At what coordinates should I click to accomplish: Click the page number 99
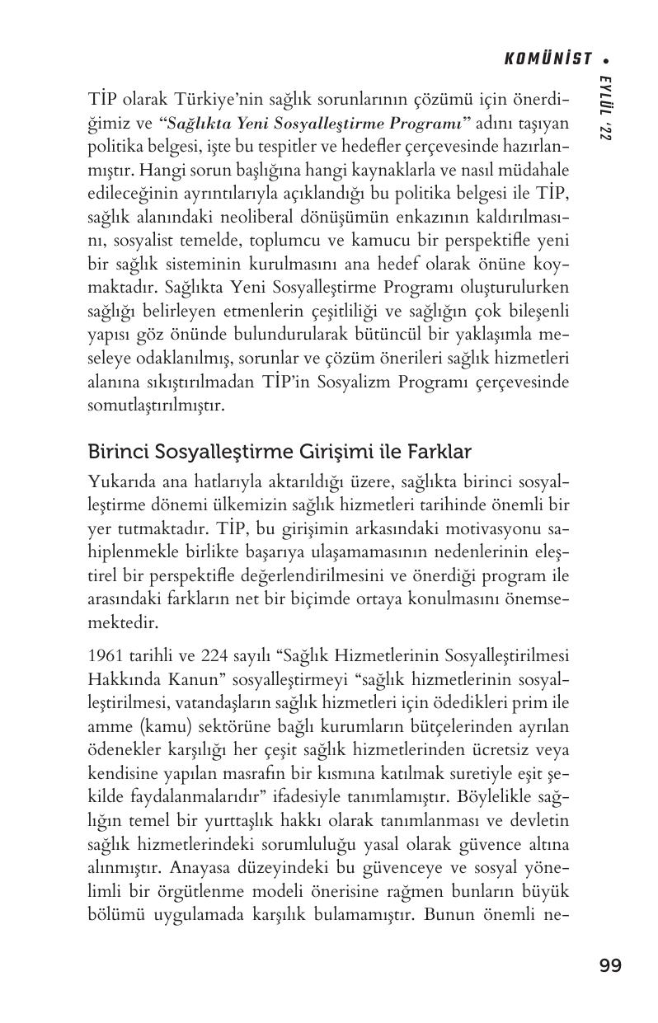coord(610,966)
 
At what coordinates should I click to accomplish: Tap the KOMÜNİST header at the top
coord(549,59)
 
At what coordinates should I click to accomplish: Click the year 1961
coord(104,656)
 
